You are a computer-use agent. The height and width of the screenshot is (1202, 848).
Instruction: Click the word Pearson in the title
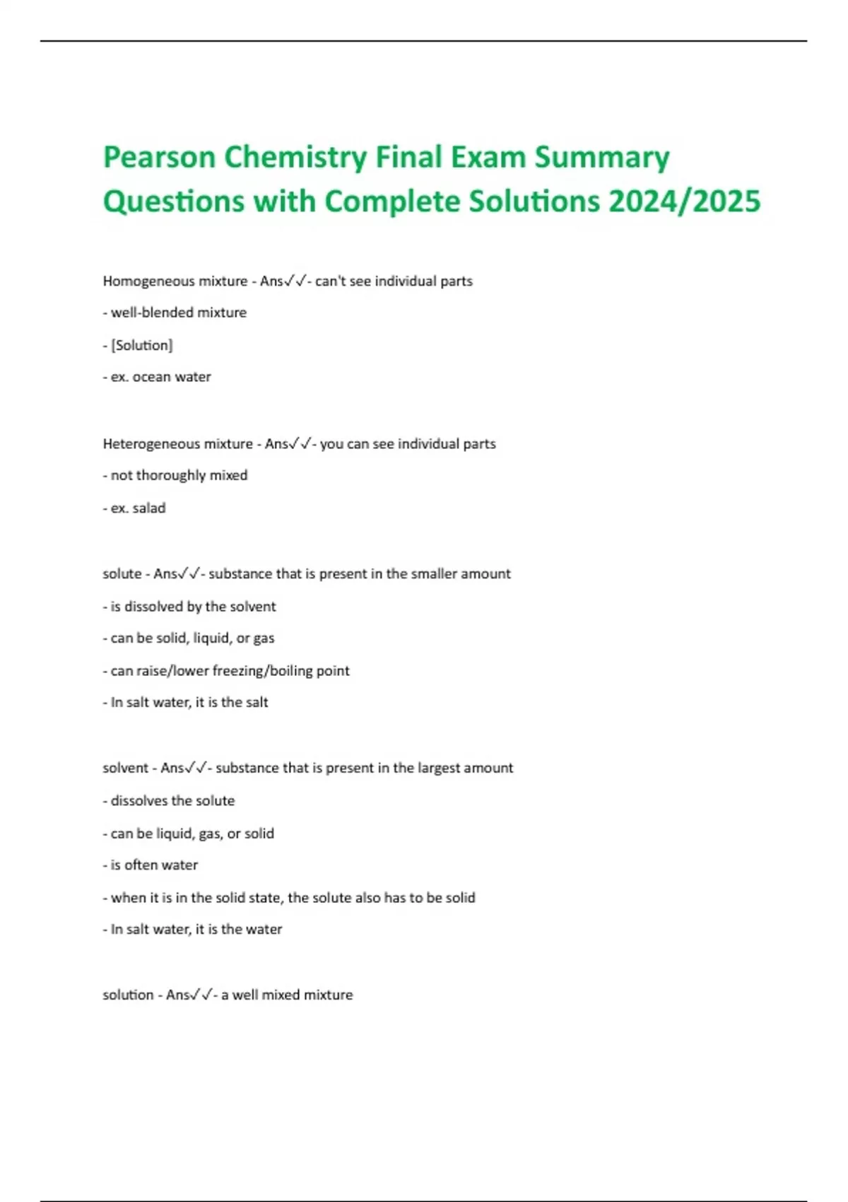pos(159,158)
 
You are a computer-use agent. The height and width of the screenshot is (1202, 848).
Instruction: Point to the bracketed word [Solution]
pos(141,345)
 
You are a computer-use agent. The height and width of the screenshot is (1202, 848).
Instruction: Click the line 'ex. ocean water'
pos(160,377)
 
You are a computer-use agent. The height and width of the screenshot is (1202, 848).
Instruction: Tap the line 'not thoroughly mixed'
pos(179,475)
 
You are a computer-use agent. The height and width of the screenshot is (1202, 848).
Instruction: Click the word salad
pos(149,508)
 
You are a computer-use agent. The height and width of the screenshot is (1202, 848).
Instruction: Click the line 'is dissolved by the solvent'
pos(193,606)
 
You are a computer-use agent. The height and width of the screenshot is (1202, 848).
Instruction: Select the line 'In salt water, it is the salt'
pos(189,702)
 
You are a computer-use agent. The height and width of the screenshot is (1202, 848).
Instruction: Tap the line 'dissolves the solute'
pos(172,800)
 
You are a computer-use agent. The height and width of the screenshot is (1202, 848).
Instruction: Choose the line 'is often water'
pos(154,865)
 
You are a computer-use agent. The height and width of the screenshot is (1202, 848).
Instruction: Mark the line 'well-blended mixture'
pos(179,313)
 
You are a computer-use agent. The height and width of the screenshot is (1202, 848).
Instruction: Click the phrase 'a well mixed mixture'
pos(287,995)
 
